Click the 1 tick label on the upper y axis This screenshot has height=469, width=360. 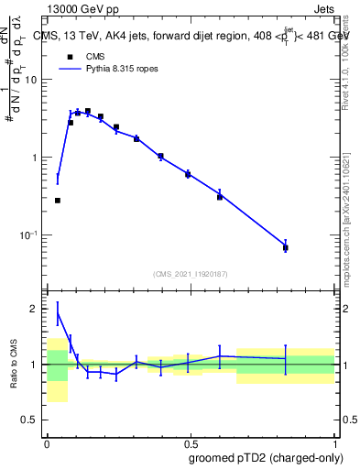(37, 158)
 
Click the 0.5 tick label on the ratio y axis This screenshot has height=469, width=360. (32, 420)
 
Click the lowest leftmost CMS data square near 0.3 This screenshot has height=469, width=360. (58, 200)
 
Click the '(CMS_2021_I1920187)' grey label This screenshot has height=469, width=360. (191, 274)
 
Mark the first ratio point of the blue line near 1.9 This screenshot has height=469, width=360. (58, 313)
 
